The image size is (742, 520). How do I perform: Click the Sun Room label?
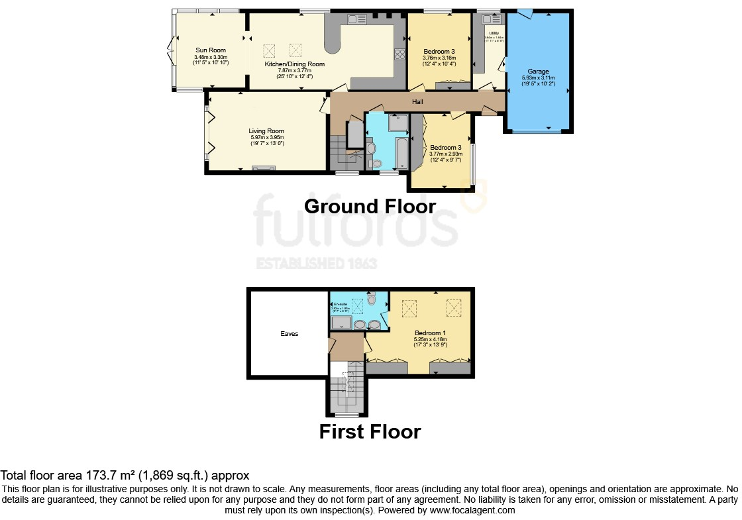click(x=210, y=50)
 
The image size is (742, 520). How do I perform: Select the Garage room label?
click(x=538, y=71)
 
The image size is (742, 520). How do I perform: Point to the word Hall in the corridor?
click(x=417, y=102)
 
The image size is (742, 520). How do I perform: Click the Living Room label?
click(x=266, y=131)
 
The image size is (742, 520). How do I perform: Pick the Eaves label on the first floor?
click(x=289, y=334)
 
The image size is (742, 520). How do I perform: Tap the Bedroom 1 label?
click(x=430, y=333)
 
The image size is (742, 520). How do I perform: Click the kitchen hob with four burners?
click(x=400, y=54)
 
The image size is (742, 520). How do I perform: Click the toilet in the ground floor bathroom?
click(x=376, y=163)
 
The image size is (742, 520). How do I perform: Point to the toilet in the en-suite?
click(x=372, y=299)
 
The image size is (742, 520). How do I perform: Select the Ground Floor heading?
click(x=370, y=206)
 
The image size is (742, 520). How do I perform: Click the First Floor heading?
click(x=370, y=431)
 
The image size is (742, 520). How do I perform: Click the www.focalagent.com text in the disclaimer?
click(x=472, y=511)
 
